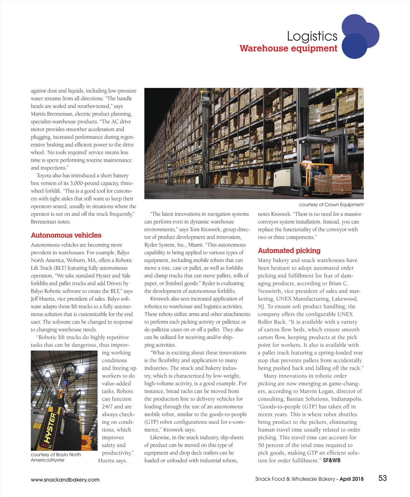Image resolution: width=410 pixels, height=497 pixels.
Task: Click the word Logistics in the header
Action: (312, 36)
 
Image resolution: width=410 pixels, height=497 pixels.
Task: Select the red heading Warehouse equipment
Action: (288, 48)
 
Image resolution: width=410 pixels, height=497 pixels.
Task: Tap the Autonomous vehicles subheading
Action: (66, 235)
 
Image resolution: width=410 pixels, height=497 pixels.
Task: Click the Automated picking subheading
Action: (289, 251)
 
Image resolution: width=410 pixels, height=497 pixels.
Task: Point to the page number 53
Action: (382, 478)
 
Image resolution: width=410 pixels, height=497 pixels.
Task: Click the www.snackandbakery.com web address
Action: (65, 480)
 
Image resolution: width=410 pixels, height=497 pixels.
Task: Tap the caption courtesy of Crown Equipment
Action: (331, 204)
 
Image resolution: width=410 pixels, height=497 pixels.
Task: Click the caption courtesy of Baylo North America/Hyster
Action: (56, 457)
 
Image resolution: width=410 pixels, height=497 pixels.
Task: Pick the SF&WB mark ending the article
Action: (331, 460)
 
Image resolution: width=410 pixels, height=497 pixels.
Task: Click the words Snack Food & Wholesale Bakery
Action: (295, 479)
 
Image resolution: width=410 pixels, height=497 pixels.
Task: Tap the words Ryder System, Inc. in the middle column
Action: (165, 245)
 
